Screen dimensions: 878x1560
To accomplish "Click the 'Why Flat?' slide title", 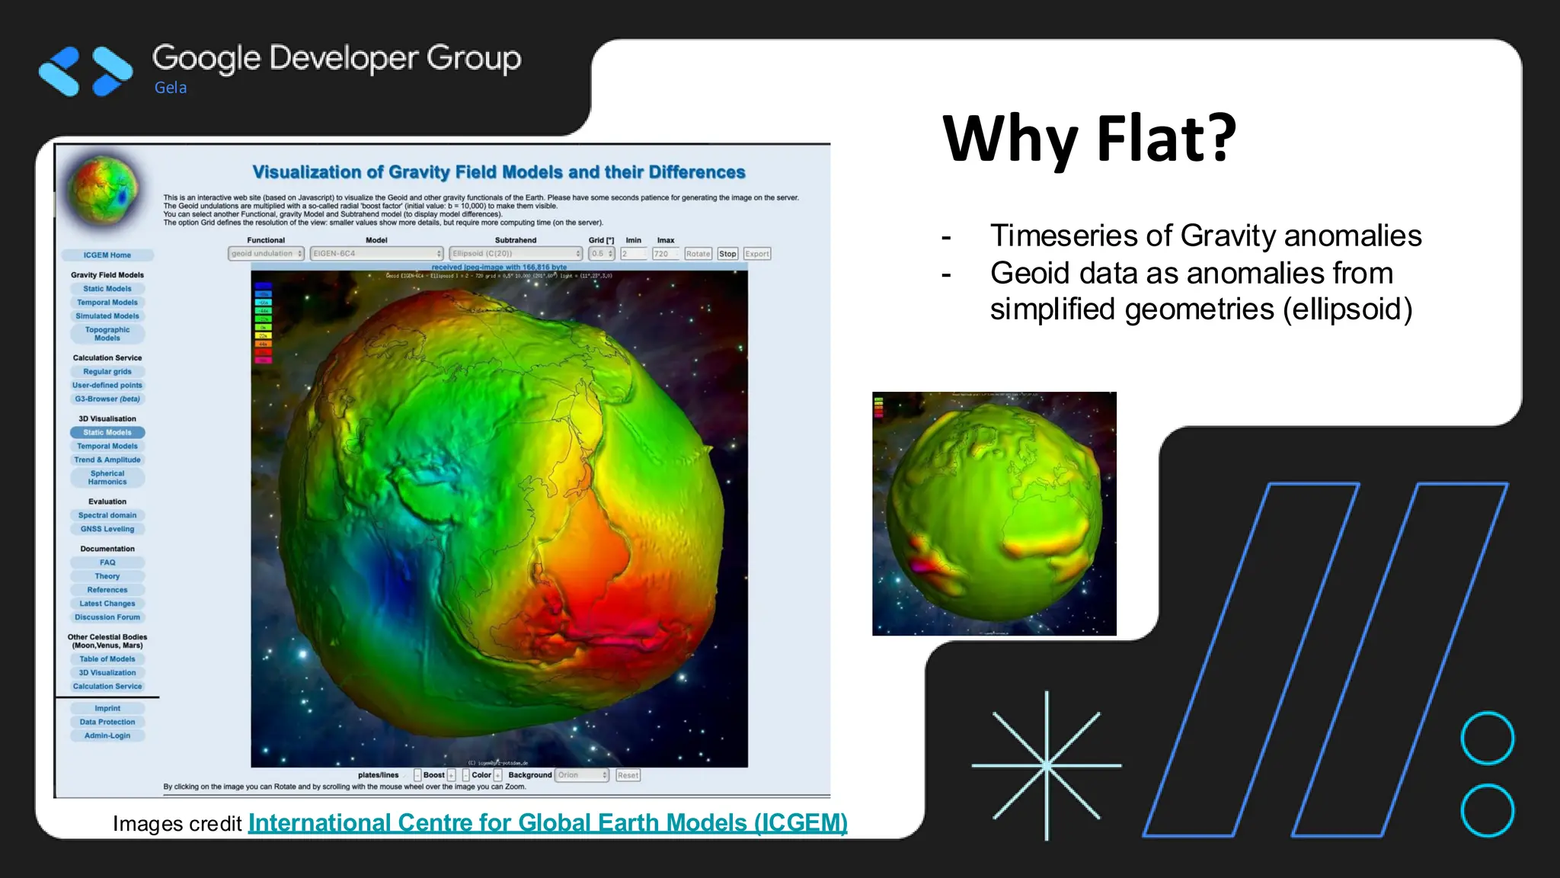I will click(1089, 139).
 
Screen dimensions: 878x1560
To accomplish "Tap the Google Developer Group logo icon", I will click(85, 71).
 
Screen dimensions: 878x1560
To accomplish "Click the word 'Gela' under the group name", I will click(171, 88).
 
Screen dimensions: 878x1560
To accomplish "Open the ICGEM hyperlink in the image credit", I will click(547, 823).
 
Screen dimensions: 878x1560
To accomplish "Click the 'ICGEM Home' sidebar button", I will click(107, 255).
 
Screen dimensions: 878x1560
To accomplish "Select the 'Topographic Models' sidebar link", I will click(107, 334).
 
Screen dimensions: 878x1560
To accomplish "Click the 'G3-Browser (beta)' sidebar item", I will click(107, 399).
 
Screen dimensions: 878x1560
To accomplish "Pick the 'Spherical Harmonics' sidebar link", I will click(107, 478).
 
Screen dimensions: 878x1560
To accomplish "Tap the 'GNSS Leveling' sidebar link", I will click(107, 529).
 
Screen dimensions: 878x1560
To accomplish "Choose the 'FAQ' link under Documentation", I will click(107, 562).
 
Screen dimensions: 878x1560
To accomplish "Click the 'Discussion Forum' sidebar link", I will click(107, 617).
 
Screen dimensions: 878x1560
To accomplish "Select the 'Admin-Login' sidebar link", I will click(107, 735).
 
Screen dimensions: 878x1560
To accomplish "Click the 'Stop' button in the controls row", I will click(727, 254).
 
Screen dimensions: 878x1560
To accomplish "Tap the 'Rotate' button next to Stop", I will click(698, 254).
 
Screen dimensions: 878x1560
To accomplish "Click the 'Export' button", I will click(757, 254).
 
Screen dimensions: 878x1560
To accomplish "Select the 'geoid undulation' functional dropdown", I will click(266, 254).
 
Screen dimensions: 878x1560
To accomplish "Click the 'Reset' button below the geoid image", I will click(628, 775).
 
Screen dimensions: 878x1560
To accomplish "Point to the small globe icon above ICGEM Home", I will click(104, 191).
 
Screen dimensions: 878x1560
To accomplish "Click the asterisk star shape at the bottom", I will click(1047, 765).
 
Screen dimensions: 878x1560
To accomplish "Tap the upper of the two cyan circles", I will click(1487, 738).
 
